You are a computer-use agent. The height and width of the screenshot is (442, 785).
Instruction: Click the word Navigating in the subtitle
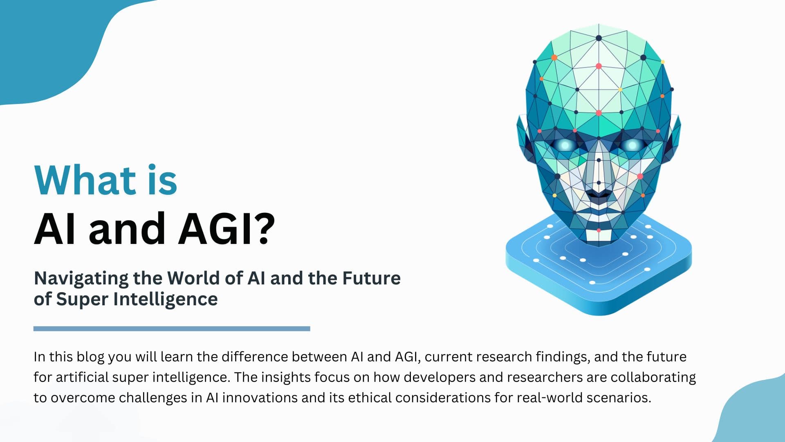tap(81, 279)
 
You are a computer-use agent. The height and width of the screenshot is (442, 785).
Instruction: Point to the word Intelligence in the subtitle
tap(166, 299)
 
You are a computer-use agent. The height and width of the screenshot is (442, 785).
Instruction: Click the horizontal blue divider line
tap(172, 329)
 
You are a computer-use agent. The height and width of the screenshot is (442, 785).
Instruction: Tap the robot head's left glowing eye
tap(565, 144)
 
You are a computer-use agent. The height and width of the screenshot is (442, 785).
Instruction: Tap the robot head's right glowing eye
tap(632, 144)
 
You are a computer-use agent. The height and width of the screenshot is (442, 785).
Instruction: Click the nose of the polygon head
tap(599, 180)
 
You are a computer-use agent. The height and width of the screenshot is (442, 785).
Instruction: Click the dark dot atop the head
tap(599, 38)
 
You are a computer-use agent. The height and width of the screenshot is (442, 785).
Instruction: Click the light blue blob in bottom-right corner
tap(756, 413)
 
